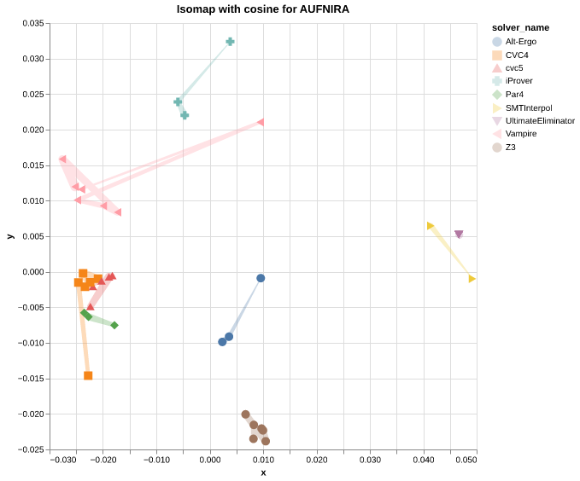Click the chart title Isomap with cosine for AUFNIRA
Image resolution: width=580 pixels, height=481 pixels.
pos(262,9)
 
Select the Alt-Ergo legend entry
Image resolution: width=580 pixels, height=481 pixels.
pos(520,41)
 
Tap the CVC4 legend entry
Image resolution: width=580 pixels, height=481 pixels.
pos(516,55)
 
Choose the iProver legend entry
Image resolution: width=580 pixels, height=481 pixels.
pos(518,81)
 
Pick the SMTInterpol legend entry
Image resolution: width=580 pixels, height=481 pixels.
pos(528,107)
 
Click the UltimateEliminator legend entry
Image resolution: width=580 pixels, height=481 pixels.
pos(539,121)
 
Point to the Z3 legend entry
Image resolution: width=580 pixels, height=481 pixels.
pos(510,148)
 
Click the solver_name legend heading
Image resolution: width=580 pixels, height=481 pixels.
pos(520,27)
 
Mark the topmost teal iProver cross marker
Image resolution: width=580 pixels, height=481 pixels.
pos(230,42)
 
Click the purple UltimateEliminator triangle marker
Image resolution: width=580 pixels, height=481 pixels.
pos(459,235)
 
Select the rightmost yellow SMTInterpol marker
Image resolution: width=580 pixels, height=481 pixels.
pos(472,279)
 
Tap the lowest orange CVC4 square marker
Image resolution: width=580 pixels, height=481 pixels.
pos(88,375)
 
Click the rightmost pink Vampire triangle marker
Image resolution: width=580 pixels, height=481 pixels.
pos(261,122)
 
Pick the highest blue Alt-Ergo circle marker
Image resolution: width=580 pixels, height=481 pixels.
pos(261,278)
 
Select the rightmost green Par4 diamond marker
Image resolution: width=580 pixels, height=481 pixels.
pos(114,325)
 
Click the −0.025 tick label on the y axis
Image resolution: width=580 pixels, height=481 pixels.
pos(32,449)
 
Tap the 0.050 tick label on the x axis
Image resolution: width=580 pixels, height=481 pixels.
pos(466,461)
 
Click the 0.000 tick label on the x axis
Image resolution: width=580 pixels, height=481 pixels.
pos(210,461)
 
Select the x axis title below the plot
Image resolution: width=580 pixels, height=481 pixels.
pos(263,472)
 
